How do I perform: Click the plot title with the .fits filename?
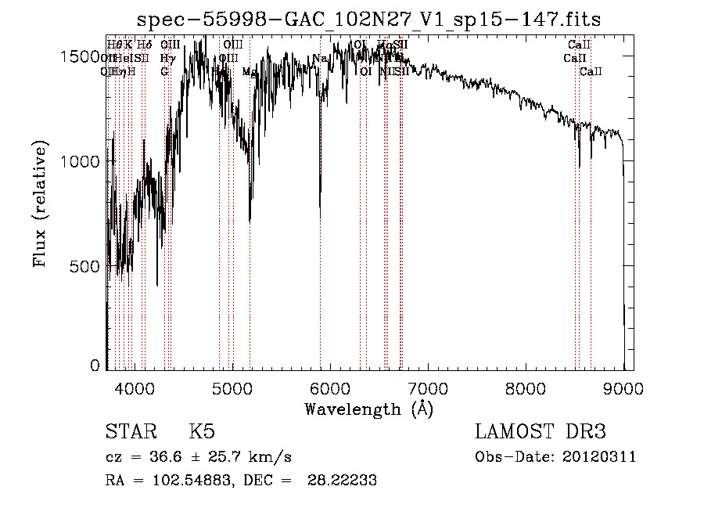(x=368, y=20)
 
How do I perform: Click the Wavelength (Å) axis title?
(x=368, y=409)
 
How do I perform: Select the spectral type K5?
(x=202, y=433)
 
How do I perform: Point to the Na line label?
(x=319, y=59)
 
